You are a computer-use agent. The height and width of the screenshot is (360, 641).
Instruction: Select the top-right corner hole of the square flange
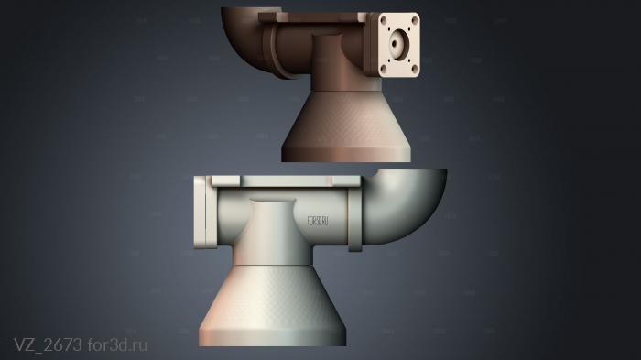(415, 19)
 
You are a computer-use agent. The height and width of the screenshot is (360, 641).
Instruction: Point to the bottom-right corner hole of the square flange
(414, 67)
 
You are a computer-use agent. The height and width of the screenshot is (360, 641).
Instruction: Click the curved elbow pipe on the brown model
(243, 32)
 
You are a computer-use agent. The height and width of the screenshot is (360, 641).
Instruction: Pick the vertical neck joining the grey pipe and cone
(272, 229)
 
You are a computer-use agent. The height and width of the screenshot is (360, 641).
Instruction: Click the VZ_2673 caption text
(48, 344)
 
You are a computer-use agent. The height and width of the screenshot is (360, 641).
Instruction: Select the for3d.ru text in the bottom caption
(117, 344)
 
